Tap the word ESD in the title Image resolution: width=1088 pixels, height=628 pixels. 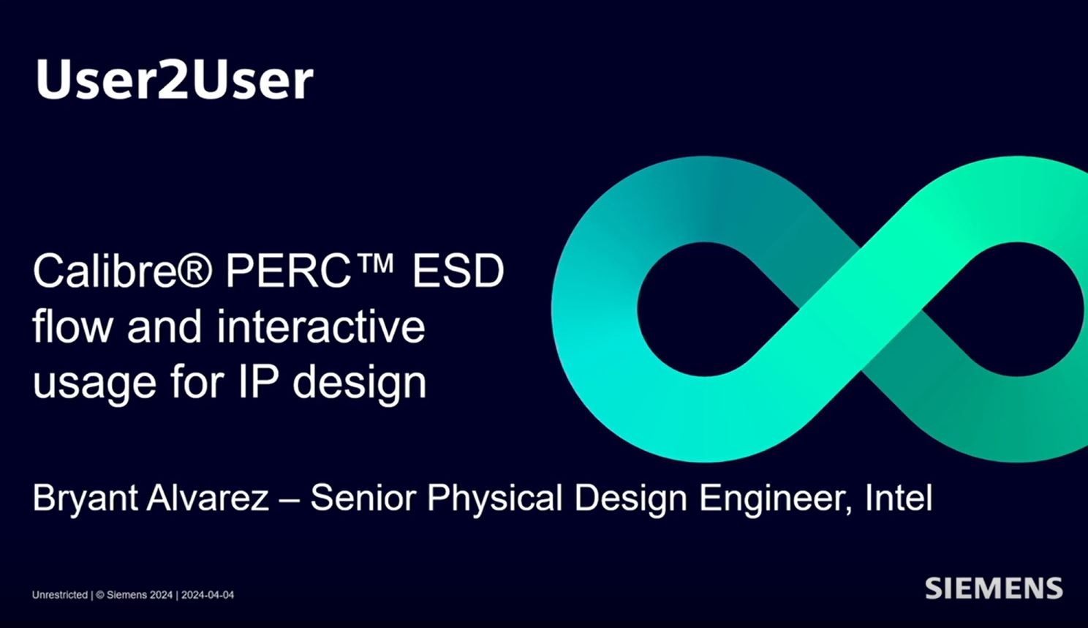pyautogui.click(x=458, y=272)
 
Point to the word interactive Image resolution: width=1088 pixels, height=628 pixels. pyautogui.click(x=321, y=326)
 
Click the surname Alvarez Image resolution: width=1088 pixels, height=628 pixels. pyautogui.click(x=208, y=498)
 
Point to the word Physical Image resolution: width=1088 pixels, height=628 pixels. pyautogui.click(x=495, y=499)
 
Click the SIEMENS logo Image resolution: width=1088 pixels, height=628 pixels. pyautogui.click(x=994, y=588)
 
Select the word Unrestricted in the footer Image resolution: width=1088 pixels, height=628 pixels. pyautogui.click(x=59, y=595)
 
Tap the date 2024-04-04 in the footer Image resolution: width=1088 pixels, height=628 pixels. pyautogui.click(x=208, y=595)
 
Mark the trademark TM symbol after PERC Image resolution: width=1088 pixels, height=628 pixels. pyautogui.click(x=377, y=262)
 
